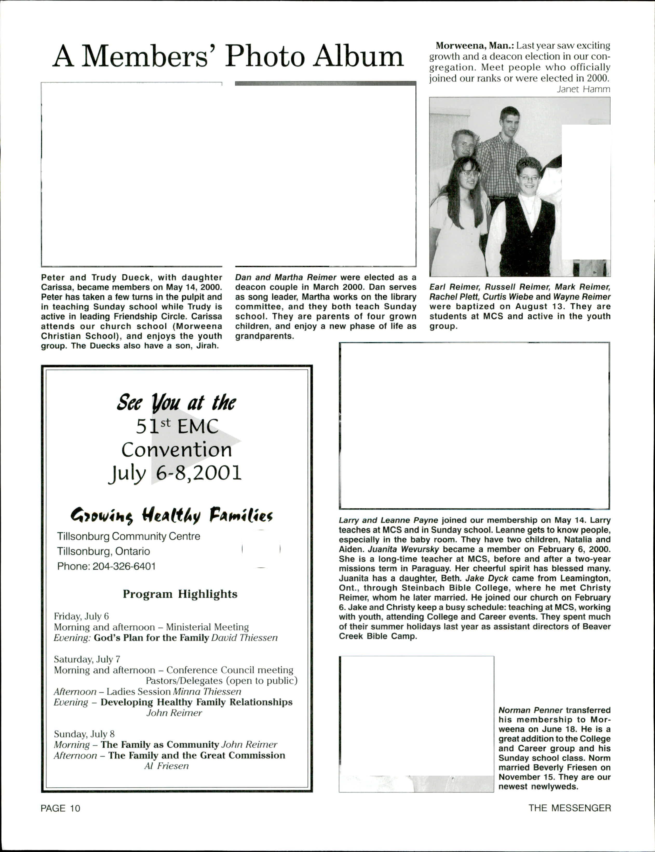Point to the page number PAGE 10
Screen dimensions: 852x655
(60, 808)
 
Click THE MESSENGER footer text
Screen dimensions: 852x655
(569, 808)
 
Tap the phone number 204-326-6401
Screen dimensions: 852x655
(124, 566)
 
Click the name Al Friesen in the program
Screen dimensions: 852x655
(166, 766)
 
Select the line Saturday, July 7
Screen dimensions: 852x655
(87, 659)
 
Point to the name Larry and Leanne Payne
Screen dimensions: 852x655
(388, 520)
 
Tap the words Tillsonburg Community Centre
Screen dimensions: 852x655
(129, 536)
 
